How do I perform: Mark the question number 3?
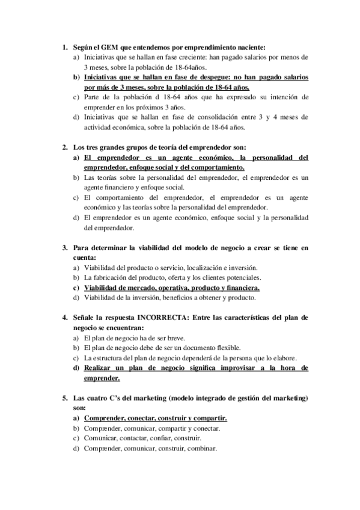[x=64, y=247]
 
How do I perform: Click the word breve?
[x=174, y=338]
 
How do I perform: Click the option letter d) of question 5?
[x=76, y=449]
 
